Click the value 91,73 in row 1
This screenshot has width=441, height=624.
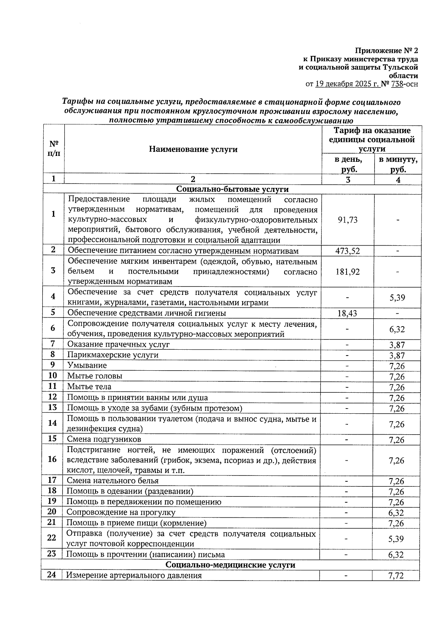click(x=347, y=220)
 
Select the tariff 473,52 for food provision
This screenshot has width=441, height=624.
click(x=347, y=251)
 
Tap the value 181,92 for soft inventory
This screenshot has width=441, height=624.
click(x=347, y=272)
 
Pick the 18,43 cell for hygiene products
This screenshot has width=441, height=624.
click(x=347, y=313)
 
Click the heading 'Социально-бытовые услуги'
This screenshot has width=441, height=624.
click(x=232, y=189)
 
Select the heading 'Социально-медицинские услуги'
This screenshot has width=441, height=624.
click(x=230, y=564)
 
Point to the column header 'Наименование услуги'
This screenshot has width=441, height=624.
click(x=193, y=149)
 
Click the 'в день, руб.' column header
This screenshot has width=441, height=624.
click(x=348, y=164)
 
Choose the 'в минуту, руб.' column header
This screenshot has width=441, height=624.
click(x=398, y=164)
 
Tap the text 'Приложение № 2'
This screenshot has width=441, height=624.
click(x=386, y=50)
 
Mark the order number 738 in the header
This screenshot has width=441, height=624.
click(x=397, y=84)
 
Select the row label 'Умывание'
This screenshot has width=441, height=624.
click(x=87, y=365)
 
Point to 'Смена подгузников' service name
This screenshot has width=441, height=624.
click(x=104, y=439)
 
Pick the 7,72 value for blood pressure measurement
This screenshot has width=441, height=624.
click(x=396, y=575)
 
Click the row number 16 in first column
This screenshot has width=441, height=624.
click(x=53, y=459)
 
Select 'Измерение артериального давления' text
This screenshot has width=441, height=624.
click(x=134, y=575)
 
